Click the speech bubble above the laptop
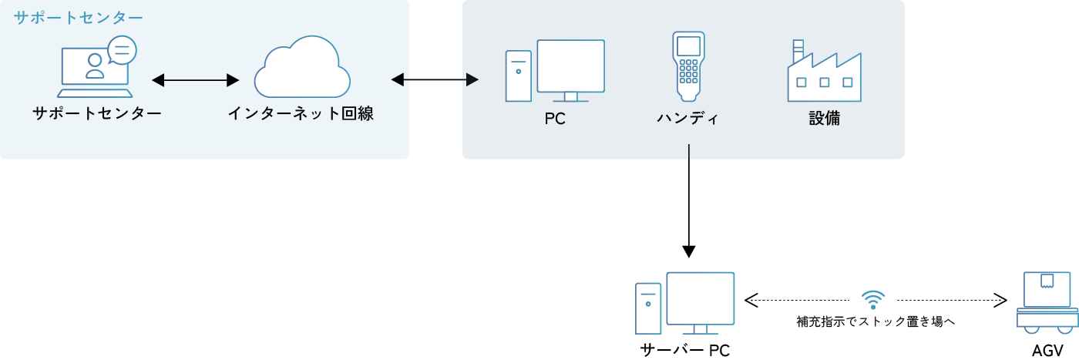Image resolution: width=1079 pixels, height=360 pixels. coord(122,51)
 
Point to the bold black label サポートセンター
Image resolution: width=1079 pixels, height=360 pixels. coord(97,114)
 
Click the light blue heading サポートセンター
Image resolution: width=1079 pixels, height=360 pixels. coord(78,16)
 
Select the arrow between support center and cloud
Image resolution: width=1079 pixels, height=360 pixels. coord(196,79)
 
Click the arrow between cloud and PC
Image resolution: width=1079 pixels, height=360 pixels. coord(435,79)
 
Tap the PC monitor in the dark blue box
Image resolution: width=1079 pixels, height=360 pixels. coord(570,68)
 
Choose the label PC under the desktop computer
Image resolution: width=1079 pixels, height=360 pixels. coord(555,119)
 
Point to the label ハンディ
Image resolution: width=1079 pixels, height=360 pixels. coord(688,119)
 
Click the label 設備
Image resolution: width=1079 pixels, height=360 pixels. coord(824,119)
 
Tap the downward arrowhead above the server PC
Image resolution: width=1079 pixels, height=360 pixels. coord(689,251)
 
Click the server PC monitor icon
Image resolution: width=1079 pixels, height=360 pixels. coord(700,301)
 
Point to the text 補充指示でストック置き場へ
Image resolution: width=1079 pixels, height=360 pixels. coord(876,321)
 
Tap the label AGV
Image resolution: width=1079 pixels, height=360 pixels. coord(1047,351)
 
